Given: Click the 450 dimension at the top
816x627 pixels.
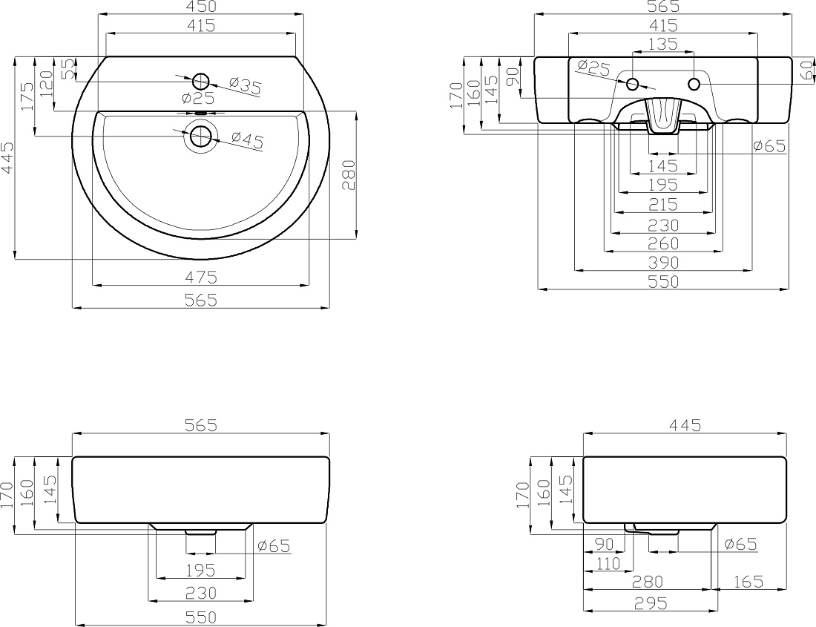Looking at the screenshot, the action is point(201,7).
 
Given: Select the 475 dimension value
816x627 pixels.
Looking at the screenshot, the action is point(201,278).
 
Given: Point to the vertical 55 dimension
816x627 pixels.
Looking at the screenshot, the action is point(68,68).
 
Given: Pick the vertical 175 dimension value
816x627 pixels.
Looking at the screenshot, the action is point(27,96).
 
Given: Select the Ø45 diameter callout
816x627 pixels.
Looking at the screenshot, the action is point(247,139).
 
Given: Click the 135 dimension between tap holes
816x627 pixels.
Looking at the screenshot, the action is point(663,45).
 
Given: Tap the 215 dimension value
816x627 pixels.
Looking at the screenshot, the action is point(663,205).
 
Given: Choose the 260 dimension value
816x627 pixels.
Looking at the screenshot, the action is point(663,243).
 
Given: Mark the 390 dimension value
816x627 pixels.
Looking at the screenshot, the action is point(663,262).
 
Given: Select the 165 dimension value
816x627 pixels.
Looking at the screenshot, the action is point(748,582).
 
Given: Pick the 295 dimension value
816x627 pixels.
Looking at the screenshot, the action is point(651,603).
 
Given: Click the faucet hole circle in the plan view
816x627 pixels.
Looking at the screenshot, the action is point(201,81).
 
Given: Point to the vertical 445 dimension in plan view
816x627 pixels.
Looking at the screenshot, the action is point(8,157).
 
